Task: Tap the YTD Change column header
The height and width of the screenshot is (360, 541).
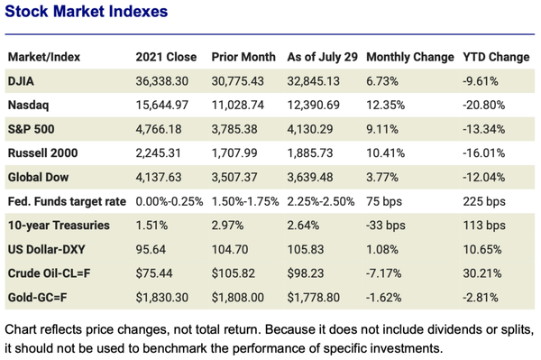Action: click(x=495, y=56)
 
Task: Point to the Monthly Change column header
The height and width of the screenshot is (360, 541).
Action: click(x=410, y=56)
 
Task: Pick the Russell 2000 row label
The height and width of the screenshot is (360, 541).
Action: click(x=41, y=153)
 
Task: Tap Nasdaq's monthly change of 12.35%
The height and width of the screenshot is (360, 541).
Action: click(x=388, y=106)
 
